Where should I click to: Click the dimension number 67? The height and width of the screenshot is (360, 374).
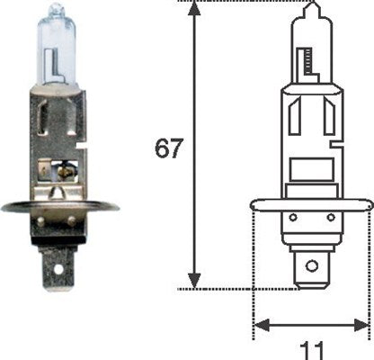pos(168,148)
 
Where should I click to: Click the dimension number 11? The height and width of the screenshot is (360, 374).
pos(311,348)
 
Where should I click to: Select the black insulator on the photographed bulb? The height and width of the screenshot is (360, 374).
pos(61,232)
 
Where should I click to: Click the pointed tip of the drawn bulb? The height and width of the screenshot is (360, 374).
pos(311,6)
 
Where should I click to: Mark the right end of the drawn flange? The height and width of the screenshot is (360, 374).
pos(369,210)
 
